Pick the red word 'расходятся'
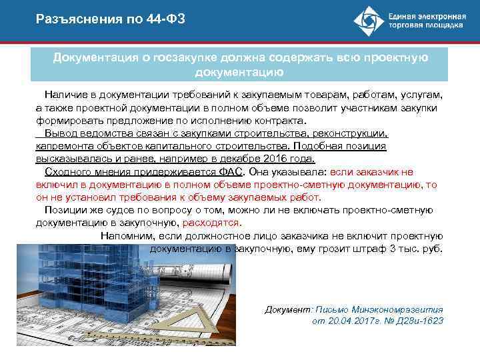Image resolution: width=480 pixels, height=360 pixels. click(213, 223)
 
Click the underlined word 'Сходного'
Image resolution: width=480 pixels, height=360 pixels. click(66, 171)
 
